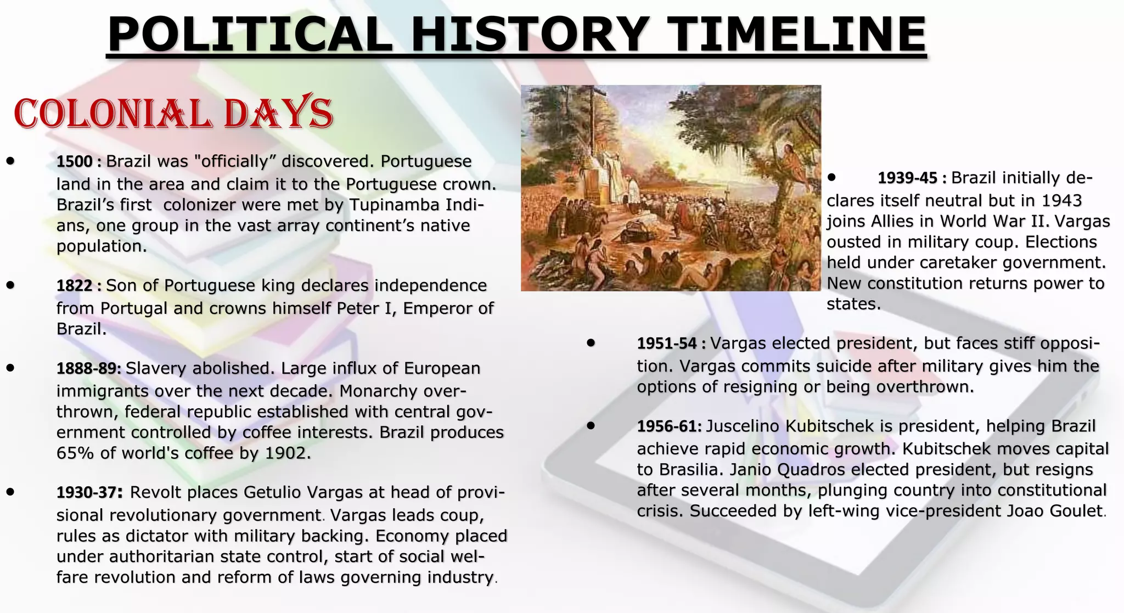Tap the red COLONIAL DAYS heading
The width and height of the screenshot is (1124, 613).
(173, 114)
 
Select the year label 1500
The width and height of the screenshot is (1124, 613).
(75, 162)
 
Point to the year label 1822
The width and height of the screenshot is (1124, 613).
(75, 286)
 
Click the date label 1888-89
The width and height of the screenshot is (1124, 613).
(88, 368)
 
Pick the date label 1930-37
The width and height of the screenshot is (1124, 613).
(87, 493)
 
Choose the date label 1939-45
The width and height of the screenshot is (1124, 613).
(908, 178)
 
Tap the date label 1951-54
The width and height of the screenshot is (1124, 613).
(667, 344)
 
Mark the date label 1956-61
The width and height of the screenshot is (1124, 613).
(669, 426)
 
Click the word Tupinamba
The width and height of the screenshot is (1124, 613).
(394, 205)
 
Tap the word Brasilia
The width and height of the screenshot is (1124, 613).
(689, 470)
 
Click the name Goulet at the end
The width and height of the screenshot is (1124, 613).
(1076, 511)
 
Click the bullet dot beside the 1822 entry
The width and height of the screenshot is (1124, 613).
(10, 285)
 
